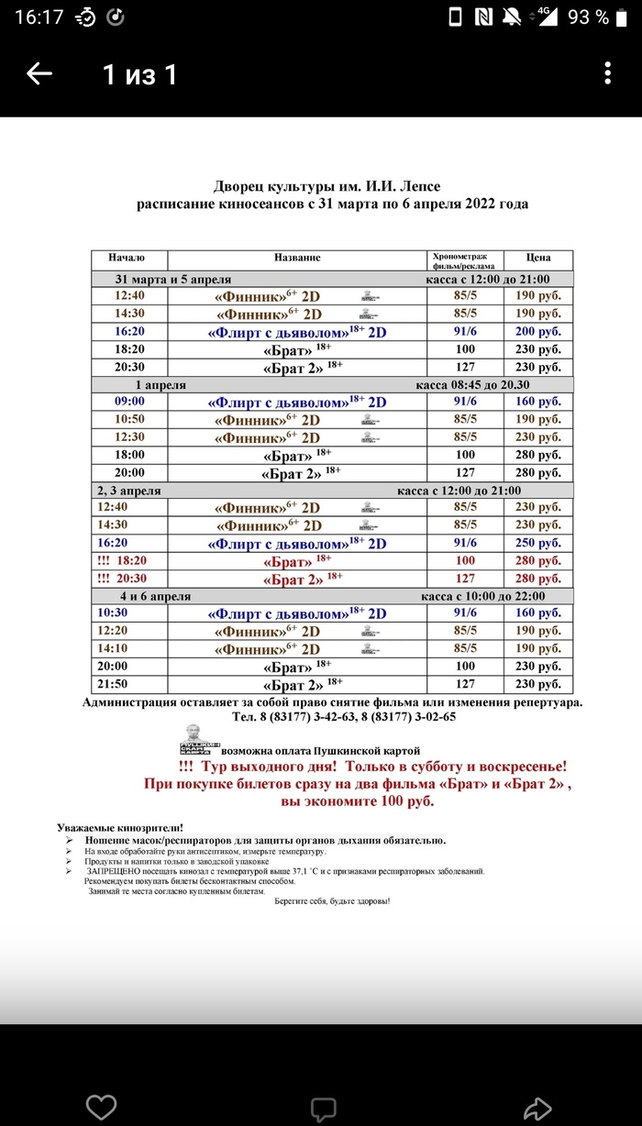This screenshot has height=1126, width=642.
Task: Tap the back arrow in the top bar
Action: [x=39, y=74]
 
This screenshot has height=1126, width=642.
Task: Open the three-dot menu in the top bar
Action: [x=608, y=74]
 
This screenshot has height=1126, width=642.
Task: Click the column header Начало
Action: [x=126, y=259]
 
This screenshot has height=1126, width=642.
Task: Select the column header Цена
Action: [x=538, y=259]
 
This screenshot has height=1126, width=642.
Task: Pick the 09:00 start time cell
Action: [x=129, y=402]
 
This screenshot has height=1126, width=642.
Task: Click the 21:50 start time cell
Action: [x=129, y=685]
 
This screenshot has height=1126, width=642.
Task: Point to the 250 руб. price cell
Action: [x=537, y=544]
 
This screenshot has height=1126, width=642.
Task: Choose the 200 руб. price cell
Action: [x=537, y=332]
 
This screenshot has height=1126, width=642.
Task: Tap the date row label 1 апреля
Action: [x=160, y=385]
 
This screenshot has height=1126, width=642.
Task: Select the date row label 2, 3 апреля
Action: [x=129, y=491]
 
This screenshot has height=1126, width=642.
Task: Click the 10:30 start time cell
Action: [x=129, y=613]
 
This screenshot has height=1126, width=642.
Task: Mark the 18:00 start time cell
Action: [x=129, y=455]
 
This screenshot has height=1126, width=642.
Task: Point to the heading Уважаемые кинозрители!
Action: [x=120, y=828]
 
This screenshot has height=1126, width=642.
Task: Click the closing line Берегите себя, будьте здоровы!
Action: [x=332, y=901]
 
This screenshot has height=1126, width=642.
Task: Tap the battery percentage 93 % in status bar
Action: [x=588, y=17]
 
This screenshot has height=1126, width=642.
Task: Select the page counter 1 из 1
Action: [x=139, y=74]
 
